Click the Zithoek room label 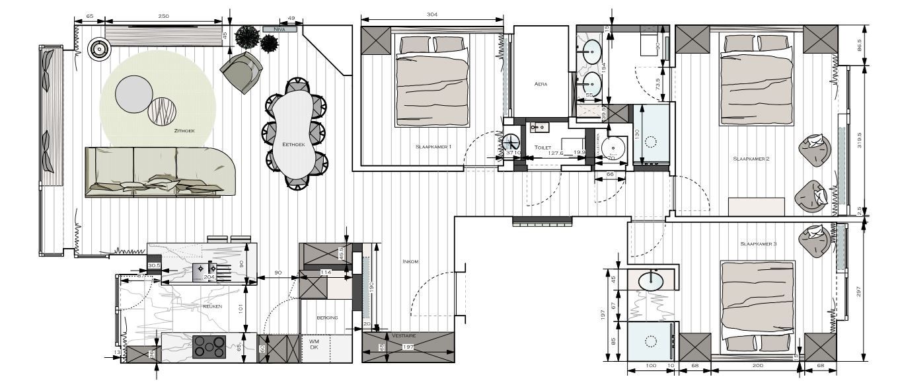tap(183, 132)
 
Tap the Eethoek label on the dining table tap(293, 144)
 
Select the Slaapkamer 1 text tap(433, 146)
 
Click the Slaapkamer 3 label tap(758, 244)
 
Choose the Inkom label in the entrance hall tap(410, 261)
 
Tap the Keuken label tap(213, 306)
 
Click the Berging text tap(327, 318)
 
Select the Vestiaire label tap(404, 336)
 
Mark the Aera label tap(541, 84)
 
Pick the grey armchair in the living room tap(241, 73)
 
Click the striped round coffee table tap(163, 110)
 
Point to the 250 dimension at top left tap(164, 15)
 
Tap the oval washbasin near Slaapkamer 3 tap(652, 280)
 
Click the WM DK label tap(314, 344)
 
